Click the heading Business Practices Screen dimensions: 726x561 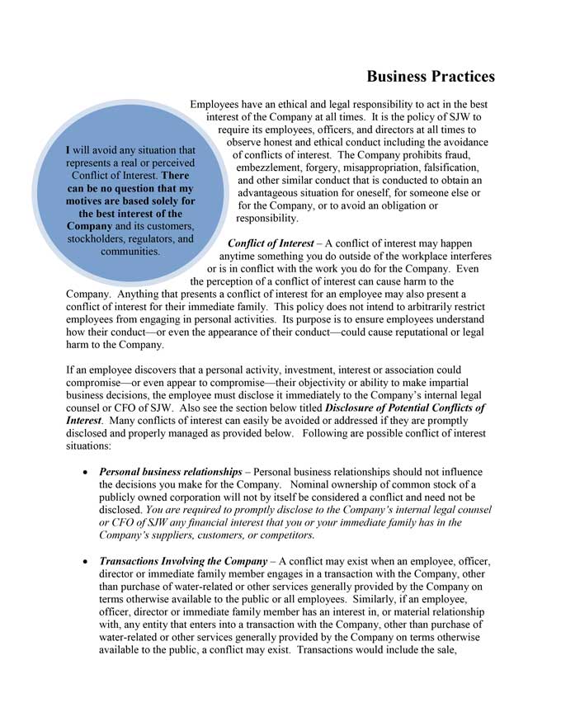tap(431, 77)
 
